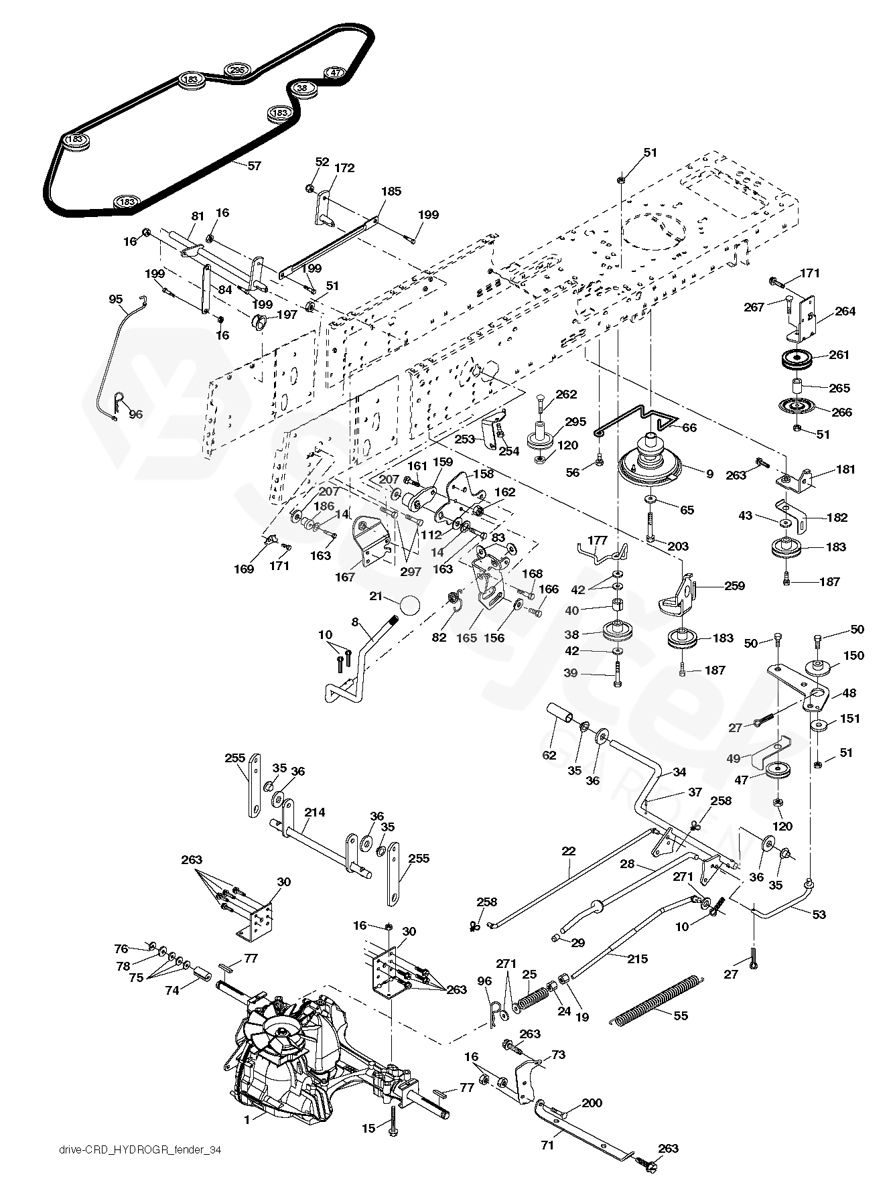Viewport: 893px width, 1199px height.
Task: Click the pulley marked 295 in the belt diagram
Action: pyautogui.click(x=237, y=70)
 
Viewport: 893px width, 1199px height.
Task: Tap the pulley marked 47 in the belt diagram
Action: pyautogui.click(x=335, y=73)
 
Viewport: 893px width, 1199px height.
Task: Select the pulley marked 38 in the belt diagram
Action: pyautogui.click(x=302, y=88)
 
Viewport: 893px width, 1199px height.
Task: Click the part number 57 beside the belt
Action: pyautogui.click(x=254, y=165)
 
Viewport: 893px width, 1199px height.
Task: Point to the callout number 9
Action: pyautogui.click(x=709, y=474)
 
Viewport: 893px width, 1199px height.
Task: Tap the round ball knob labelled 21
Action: pyautogui.click(x=410, y=606)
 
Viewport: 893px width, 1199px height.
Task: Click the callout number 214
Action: pyautogui.click(x=314, y=813)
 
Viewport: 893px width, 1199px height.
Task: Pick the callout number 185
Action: pyautogui.click(x=391, y=192)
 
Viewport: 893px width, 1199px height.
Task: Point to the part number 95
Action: pyautogui.click(x=115, y=299)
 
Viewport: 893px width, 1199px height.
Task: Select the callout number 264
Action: pyautogui.click(x=845, y=311)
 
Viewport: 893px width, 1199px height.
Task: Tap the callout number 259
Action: pyautogui.click(x=734, y=585)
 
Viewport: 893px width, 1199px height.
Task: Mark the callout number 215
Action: pyautogui.click(x=637, y=959)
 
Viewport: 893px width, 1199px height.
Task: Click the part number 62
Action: pyautogui.click(x=549, y=755)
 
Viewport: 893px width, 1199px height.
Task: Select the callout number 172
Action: pyautogui.click(x=345, y=168)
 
